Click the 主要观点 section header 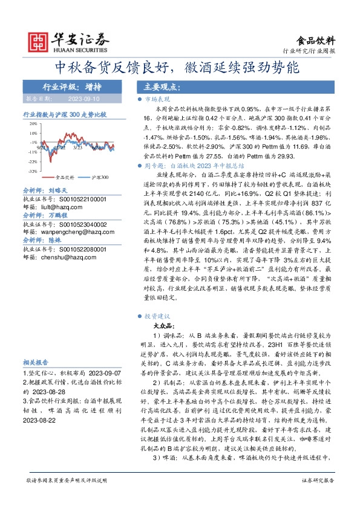(x=158, y=86)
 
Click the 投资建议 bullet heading (x=157, y=316)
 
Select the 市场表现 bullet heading (x=157, y=99)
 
